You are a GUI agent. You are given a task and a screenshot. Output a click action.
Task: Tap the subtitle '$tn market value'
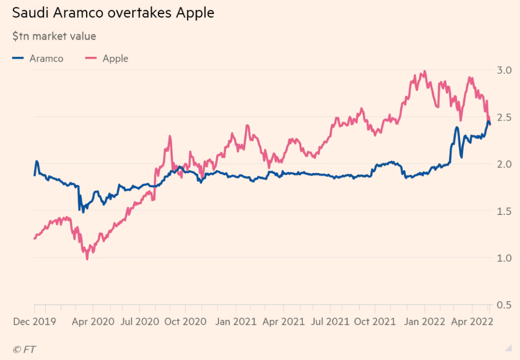click(x=54, y=36)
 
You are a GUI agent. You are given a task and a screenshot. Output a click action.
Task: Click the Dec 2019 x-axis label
click(x=34, y=321)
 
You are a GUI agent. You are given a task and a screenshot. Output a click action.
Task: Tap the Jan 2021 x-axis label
click(x=236, y=321)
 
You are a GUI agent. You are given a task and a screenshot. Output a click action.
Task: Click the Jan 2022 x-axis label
click(x=424, y=321)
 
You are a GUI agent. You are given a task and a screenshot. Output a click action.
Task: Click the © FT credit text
click(x=25, y=349)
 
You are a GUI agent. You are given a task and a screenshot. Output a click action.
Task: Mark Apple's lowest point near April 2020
click(x=87, y=259)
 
